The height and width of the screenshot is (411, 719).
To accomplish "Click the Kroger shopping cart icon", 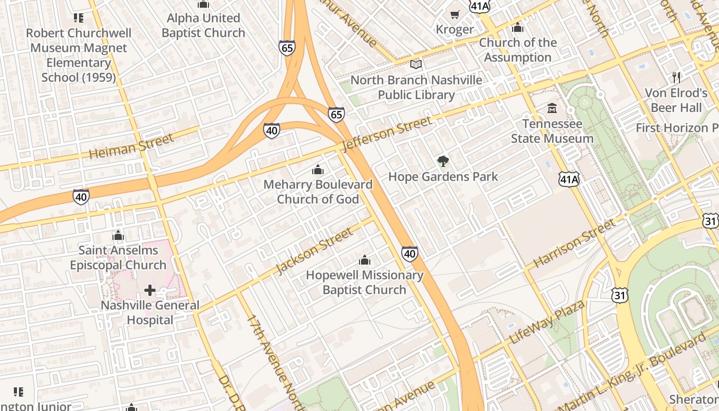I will pos(455,14).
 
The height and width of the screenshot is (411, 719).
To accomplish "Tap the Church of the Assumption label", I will pos(518,50).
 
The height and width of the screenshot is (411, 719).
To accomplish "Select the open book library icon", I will pos(416,65).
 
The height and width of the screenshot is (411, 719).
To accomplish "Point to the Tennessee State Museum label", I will pos(552,131).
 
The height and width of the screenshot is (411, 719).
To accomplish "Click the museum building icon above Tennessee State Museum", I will pos(552,108).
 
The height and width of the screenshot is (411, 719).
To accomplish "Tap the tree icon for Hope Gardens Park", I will pos(443,161).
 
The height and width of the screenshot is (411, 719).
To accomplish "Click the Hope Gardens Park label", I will pos(443,177).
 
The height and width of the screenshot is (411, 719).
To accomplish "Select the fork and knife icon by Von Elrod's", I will pos(676,78).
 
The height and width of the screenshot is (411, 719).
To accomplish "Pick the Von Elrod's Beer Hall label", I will pos(676,100).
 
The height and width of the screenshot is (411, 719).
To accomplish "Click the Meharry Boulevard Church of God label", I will pos(318,192).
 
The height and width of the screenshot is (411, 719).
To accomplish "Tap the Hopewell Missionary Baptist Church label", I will pos(365,282).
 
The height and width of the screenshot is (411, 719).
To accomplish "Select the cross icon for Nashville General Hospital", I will pos(149,291).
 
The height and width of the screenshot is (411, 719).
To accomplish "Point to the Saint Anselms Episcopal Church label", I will pos(118,257).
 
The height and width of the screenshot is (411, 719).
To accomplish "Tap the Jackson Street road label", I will pos(315,251).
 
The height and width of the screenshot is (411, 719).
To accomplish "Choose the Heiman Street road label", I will pos(131,146).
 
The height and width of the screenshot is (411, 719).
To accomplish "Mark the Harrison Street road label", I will pos(574,243).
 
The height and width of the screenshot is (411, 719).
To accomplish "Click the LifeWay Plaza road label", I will pos(547,322).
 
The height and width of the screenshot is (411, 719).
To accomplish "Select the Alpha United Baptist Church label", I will pos(203,25).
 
